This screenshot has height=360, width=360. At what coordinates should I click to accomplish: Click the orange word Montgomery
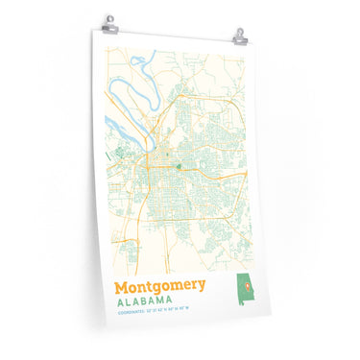coord(159,287)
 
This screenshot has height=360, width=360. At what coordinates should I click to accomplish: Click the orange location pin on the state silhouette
coord(243,285)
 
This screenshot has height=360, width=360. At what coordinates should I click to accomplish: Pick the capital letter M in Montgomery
coord(122,286)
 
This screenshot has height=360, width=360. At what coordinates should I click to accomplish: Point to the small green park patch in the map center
coord(179,165)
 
